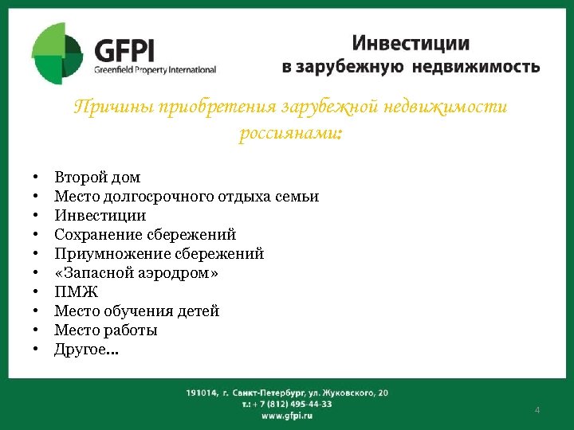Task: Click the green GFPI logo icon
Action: (x=57, y=53)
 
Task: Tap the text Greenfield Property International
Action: (x=155, y=69)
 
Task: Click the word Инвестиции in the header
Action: (x=411, y=43)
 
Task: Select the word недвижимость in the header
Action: (x=475, y=67)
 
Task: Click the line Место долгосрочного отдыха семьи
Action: (x=187, y=196)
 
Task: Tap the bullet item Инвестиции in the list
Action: (x=100, y=215)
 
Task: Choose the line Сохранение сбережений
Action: (x=145, y=234)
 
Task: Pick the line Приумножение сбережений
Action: (x=159, y=253)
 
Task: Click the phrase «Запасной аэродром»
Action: (x=136, y=272)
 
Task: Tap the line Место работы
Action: (x=105, y=330)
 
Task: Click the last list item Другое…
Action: (x=86, y=349)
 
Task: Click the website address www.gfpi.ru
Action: (x=287, y=416)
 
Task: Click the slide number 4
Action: (x=537, y=409)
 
